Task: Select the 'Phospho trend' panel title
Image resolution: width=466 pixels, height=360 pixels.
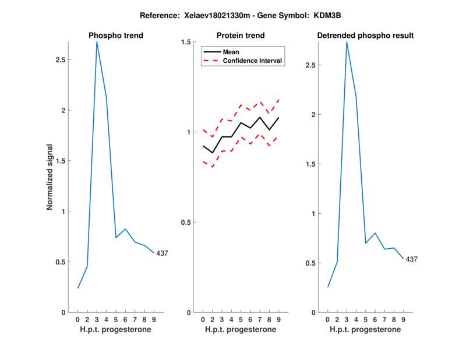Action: coord(116,36)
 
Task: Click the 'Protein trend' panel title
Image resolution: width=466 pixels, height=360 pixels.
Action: coord(241,36)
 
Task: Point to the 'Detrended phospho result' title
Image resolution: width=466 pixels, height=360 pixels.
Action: coord(365,36)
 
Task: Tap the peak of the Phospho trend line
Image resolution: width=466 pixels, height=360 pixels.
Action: coord(97,42)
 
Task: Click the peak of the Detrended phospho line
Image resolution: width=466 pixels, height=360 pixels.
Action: coord(347,42)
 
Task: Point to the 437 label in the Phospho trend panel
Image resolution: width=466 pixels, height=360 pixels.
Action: coord(163,253)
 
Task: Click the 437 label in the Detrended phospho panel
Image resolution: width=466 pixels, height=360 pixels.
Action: coord(412,259)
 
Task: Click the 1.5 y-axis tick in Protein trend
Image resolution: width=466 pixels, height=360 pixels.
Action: coord(186,42)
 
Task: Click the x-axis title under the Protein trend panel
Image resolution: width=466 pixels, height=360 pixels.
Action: coord(241,330)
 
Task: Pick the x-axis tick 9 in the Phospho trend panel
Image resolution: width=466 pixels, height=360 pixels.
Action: coord(154,320)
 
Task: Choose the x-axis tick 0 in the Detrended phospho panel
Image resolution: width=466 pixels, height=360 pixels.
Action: coord(327,320)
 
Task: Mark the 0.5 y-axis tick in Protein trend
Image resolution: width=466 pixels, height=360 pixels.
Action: coord(186,222)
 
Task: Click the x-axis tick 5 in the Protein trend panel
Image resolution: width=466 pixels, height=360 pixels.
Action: coord(241,320)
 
